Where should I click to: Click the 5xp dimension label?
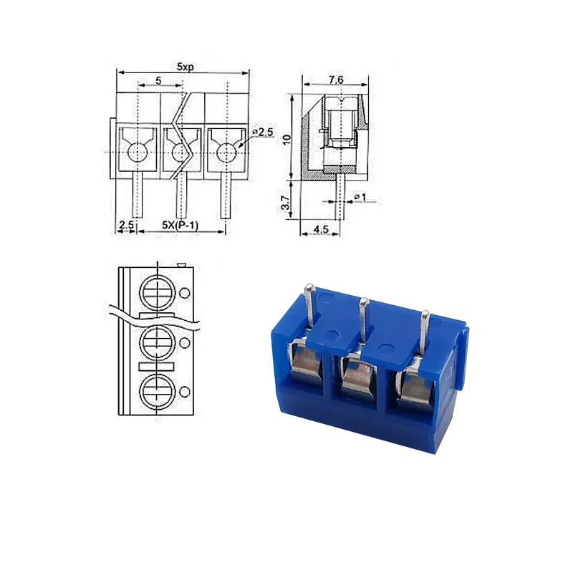186,67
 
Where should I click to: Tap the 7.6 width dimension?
336,80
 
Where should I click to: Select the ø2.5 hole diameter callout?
263,132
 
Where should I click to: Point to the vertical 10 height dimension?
287,139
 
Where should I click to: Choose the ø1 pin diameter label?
360,197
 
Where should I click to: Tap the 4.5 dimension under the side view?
321,229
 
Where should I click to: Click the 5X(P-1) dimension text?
180,225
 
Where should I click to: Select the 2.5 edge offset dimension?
126,224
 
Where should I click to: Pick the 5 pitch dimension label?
158,80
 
